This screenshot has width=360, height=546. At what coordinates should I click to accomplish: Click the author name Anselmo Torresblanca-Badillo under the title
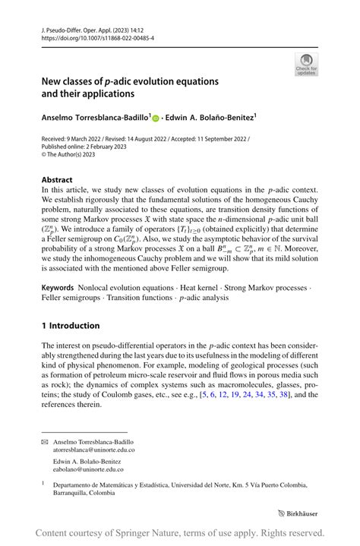96,118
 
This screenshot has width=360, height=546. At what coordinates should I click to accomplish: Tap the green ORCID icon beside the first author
156,118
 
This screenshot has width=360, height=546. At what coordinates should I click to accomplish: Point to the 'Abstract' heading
57,180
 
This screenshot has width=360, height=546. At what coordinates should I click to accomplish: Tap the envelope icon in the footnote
45,441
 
